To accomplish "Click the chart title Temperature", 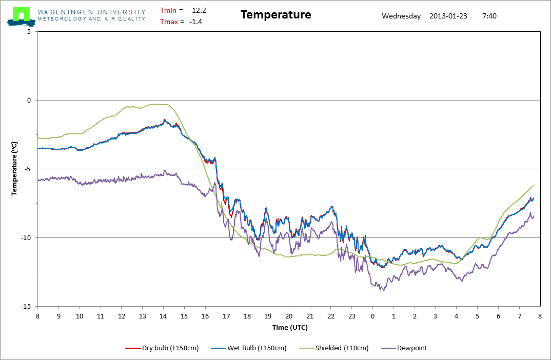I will [x=275, y=15].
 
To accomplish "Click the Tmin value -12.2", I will [x=198, y=10].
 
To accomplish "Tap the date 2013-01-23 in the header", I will [x=448, y=15].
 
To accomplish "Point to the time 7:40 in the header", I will [x=489, y=15].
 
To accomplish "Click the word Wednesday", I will [x=402, y=15].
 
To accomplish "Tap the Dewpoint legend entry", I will [x=404, y=348].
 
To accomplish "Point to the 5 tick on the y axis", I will [x=29, y=31].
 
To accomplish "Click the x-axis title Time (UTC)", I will [x=290, y=327].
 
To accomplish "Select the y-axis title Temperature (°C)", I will [x=15, y=169].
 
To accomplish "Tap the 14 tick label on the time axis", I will [x=163, y=316].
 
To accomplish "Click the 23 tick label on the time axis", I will [x=351, y=316].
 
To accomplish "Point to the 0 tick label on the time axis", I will [x=372, y=316].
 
